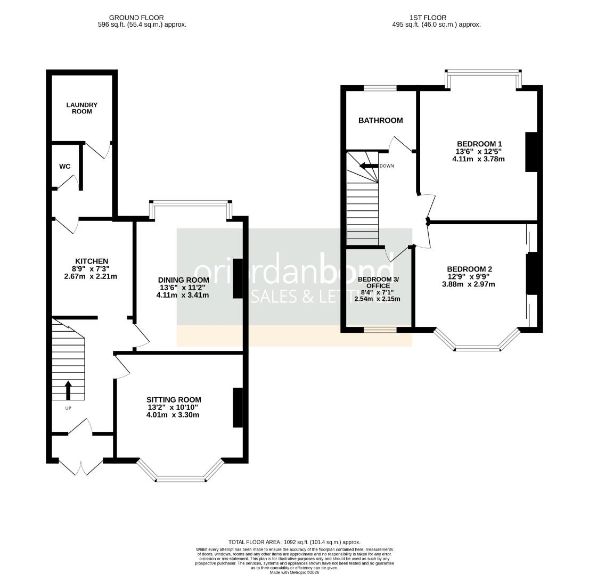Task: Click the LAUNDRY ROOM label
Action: [x=81, y=108]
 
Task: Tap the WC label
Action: [x=64, y=166]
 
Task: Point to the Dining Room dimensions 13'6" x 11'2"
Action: [x=183, y=287]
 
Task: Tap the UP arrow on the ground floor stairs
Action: [x=68, y=390]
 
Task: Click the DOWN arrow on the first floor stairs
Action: [x=370, y=166]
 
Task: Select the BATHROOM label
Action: [x=380, y=120]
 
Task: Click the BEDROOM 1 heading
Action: [x=479, y=144]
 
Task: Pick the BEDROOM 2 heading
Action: [x=469, y=269]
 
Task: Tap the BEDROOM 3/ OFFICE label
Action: [x=378, y=282]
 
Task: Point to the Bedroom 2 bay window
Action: [x=478, y=348]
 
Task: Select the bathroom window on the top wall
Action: [x=380, y=88]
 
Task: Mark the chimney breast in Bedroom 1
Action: [x=531, y=152]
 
